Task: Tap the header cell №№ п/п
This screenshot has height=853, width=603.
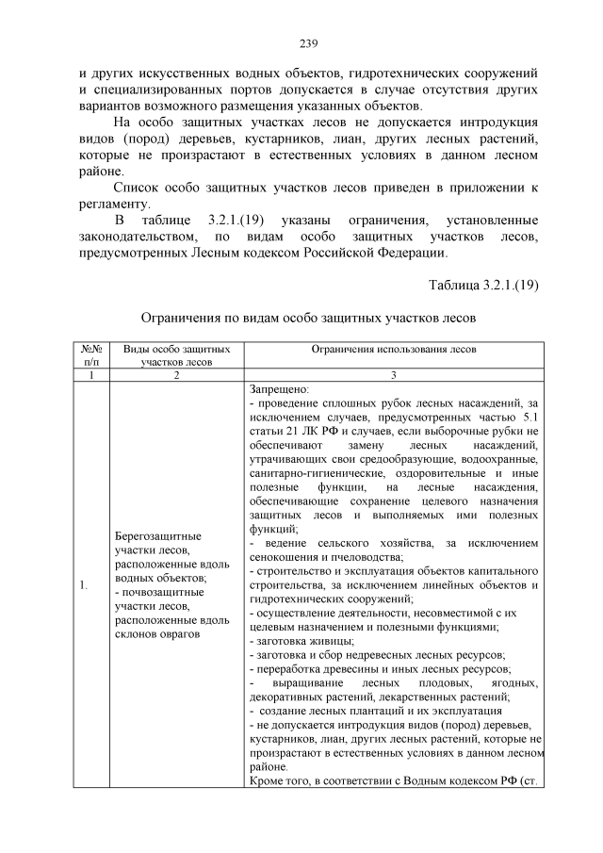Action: (x=90, y=354)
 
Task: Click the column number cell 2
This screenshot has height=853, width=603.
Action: (x=175, y=374)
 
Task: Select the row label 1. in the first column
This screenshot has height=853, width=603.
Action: (x=84, y=587)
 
